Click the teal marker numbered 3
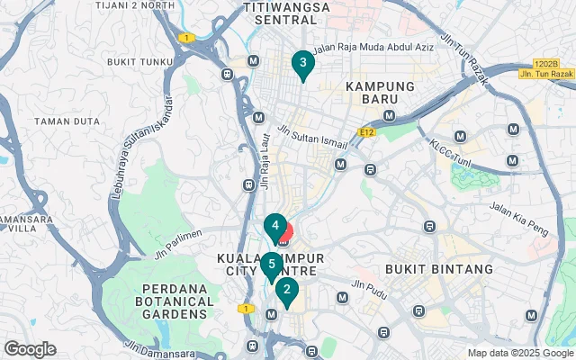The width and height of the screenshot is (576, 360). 302,63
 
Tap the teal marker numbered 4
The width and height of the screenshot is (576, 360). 274,225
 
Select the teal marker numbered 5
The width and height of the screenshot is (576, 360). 271,265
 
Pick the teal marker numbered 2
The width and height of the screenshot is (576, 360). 286,290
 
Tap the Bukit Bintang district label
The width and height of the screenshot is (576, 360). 438,269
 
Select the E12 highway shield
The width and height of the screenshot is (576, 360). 365,132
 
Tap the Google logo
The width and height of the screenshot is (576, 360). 30,349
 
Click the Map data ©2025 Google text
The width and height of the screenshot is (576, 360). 520,353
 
